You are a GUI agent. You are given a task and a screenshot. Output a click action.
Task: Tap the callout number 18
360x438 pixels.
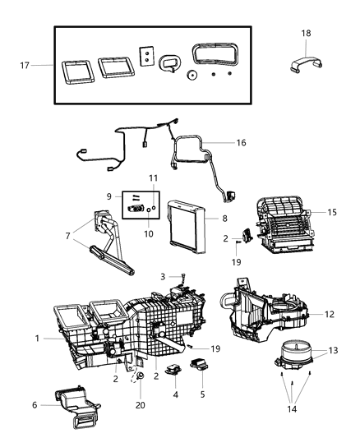coord(306,33)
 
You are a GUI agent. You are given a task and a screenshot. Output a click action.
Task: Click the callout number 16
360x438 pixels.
coord(240,142)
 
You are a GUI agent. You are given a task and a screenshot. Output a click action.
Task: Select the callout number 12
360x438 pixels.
coord(328,314)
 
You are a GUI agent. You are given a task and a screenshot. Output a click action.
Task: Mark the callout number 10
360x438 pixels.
coord(150,233)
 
